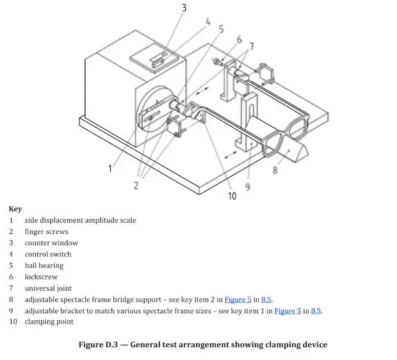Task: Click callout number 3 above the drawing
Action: [x=184, y=8]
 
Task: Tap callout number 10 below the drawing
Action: [x=232, y=195]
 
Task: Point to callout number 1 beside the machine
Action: [x=109, y=168]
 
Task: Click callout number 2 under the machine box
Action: [x=136, y=185]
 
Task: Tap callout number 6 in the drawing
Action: [x=239, y=40]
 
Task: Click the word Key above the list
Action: [x=15, y=209]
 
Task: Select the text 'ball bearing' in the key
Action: [x=44, y=266]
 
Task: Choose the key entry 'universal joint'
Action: [x=49, y=288]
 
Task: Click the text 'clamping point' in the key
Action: [x=49, y=322]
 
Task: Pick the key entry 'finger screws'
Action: [x=47, y=232]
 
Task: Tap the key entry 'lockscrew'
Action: [x=42, y=277]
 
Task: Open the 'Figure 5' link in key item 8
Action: [x=238, y=300]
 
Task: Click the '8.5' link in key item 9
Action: [x=316, y=311]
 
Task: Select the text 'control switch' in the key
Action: [x=48, y=254]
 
